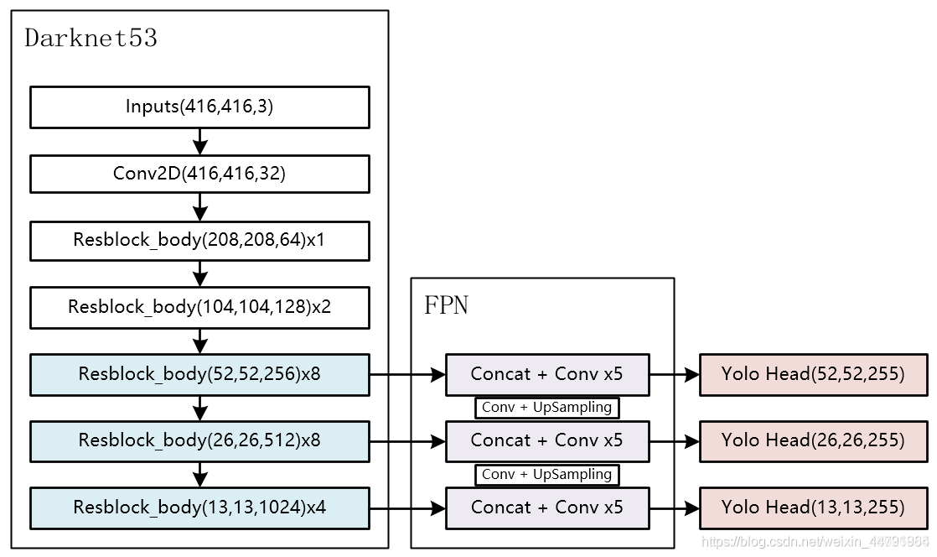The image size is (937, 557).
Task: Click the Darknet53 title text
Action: [91, 39]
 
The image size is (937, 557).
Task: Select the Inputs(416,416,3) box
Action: [199, 107]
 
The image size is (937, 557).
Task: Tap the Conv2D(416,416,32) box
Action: [199, 174]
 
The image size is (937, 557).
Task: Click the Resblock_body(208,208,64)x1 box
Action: [199, 240]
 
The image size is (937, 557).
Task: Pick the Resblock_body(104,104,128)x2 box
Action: [199, 307]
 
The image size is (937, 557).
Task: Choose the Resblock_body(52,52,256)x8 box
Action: [199, 374]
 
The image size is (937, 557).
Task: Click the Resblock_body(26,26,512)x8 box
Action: [199, 440]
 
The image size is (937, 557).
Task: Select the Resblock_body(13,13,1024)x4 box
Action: [199, 508]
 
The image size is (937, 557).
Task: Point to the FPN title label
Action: [446, 305]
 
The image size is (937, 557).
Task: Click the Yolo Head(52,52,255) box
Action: [813, 374]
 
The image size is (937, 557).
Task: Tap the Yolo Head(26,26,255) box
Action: [813, 440]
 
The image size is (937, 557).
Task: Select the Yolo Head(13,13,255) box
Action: [813, 508]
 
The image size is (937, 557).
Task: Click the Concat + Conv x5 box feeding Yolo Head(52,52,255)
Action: [546, 374]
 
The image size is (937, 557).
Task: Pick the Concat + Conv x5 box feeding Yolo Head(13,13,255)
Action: [546, 508]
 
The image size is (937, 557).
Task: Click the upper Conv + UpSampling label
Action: [546, 408]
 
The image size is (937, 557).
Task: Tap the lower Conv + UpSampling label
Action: [546, 475]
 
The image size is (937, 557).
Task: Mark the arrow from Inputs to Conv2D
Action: [199, 141]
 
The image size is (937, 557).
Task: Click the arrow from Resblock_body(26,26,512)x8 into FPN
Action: [407, 441]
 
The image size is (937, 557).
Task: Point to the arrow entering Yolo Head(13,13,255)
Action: [674, 508]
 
